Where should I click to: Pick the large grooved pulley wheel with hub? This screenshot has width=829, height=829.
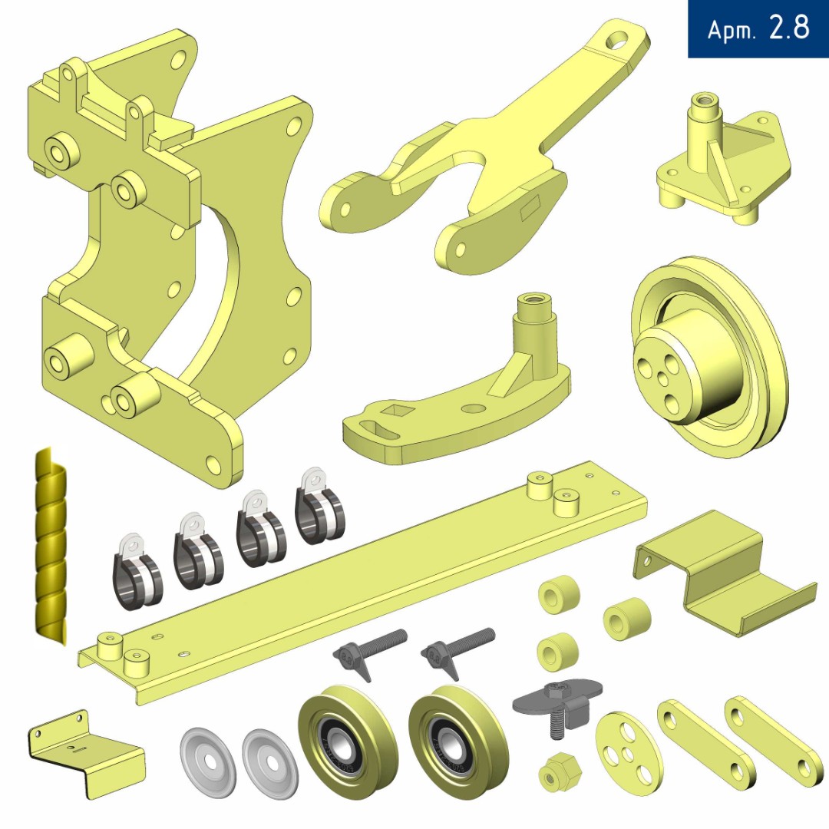[708, 357]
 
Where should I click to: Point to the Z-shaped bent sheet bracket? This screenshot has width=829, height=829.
[725, 573]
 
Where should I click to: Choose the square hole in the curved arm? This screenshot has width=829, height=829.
[394, 408]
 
